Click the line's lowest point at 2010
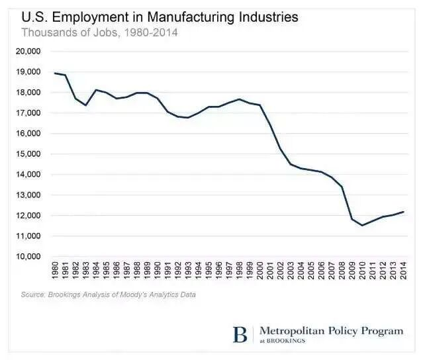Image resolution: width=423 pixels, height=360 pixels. click(362, 225)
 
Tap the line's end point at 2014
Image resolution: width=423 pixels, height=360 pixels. click(403, 212)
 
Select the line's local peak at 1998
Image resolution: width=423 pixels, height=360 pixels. click(240, 99)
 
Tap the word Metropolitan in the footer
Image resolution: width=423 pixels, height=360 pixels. click(293, 330)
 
